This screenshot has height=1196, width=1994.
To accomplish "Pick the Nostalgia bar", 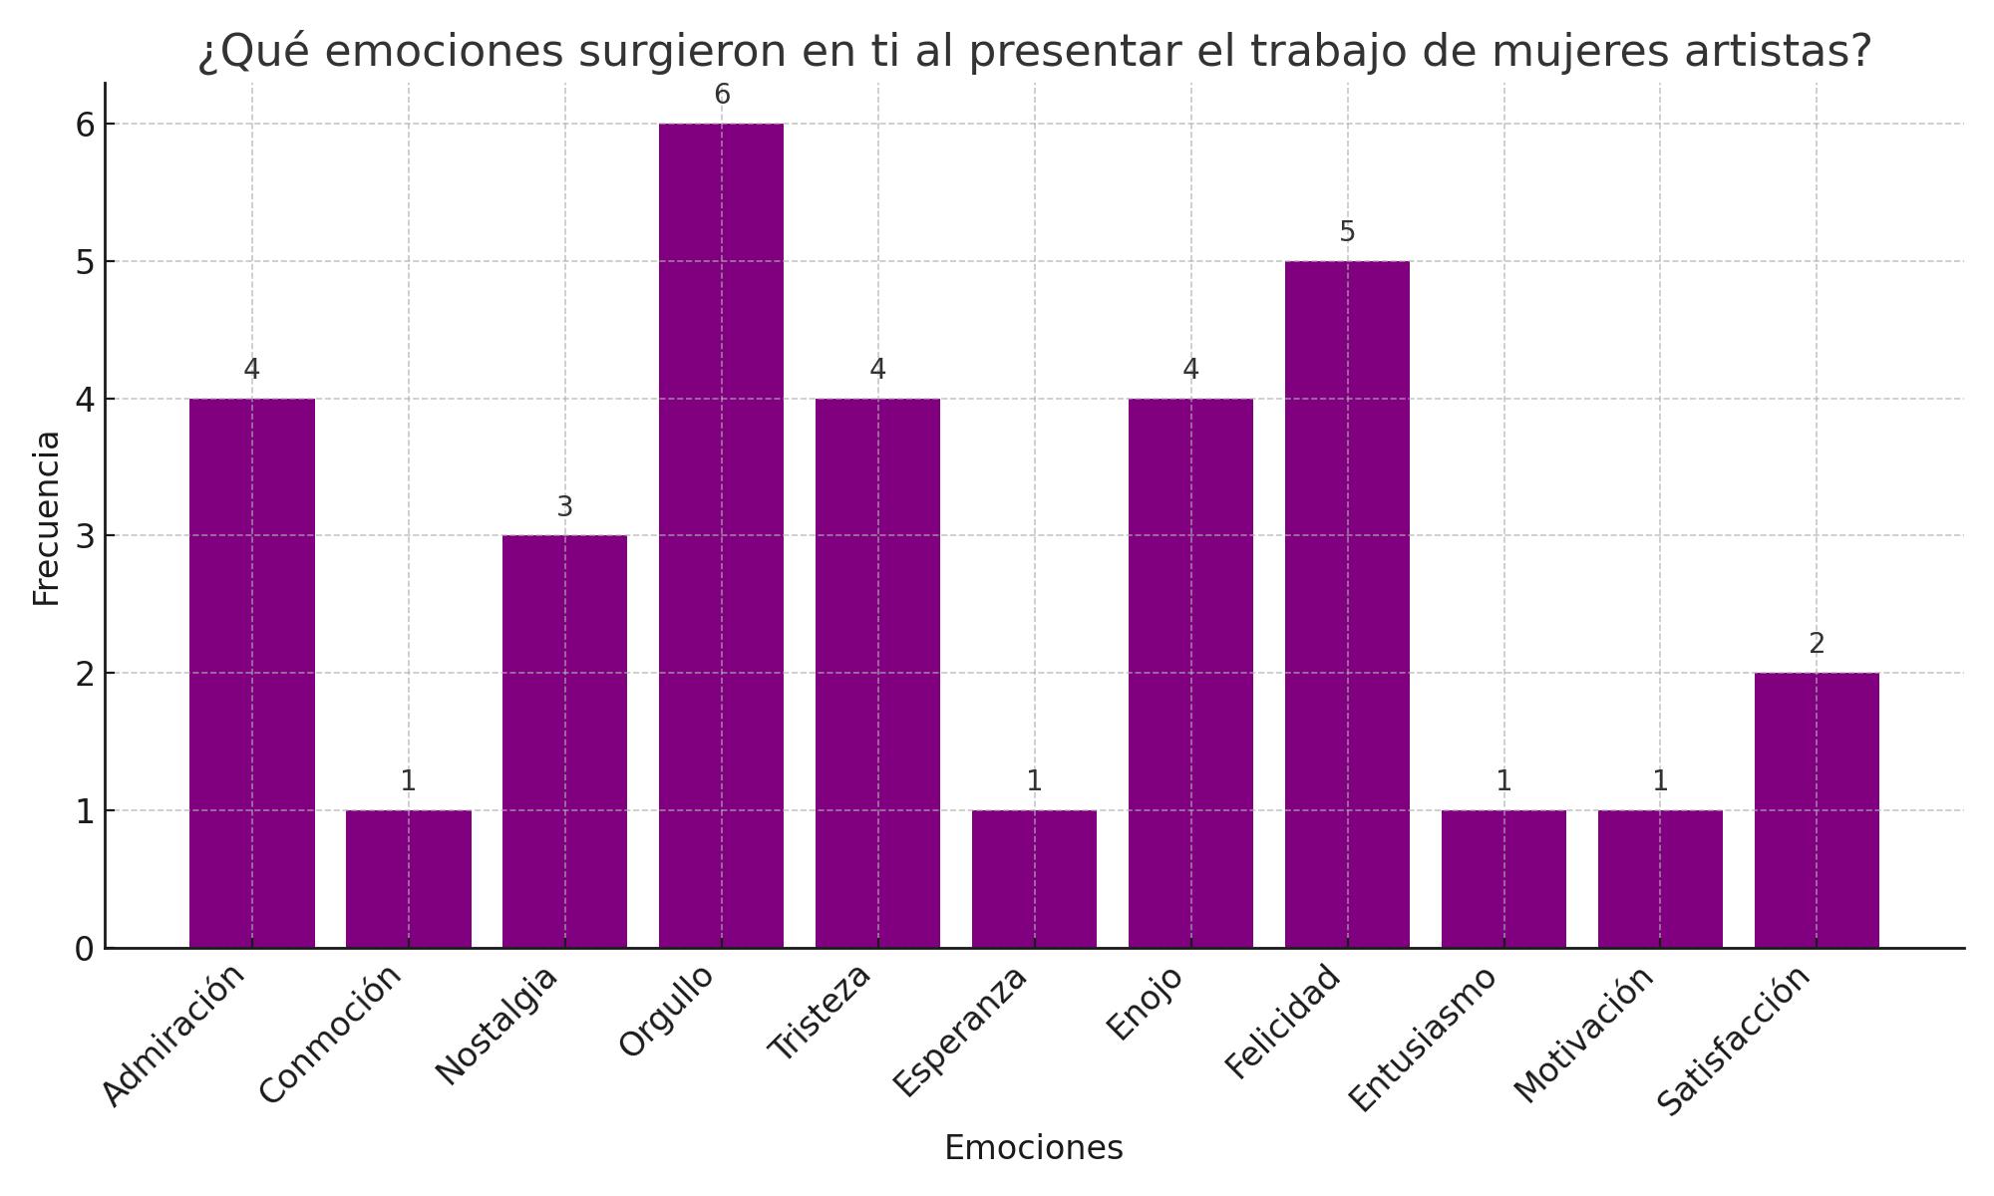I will click(x=564, y=742).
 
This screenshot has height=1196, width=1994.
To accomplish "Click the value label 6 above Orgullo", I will click(x=722, y=95).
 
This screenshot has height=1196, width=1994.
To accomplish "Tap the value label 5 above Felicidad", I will click(x=1347, y=232).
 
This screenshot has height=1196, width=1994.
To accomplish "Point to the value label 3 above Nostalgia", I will click(x=564, y=507).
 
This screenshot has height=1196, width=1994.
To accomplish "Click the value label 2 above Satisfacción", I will click(x=1817, y=645).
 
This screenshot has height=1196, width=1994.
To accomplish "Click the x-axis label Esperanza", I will click(x=959, y=1031).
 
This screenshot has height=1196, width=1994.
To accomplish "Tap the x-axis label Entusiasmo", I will click(x=1423, y=1038).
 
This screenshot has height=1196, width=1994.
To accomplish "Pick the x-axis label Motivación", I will click(x=1584, y=1035).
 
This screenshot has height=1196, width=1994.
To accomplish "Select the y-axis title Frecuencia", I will click(x=46, y=518).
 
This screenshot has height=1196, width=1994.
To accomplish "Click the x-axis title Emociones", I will click(x=1033, y=1148).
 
